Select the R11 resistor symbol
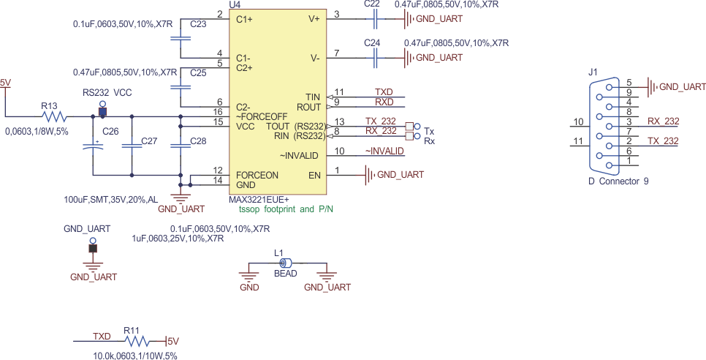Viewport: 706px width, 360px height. (137, 340)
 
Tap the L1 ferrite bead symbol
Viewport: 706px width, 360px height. (286, 263)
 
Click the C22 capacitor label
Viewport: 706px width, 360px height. (372, 4)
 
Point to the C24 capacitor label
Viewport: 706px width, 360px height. (372, 44)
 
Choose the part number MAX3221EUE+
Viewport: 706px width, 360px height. (259, 199)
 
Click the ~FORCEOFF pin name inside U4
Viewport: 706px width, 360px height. (262, 116)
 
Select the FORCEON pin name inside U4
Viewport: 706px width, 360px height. (257, 176)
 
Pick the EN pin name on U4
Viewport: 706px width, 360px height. (314, 176)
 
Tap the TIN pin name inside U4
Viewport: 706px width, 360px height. (313, 97)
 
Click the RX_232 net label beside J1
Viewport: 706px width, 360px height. (663, 121)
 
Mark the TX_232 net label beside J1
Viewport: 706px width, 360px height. (663, 141)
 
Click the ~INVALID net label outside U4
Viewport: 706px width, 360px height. (384, 151)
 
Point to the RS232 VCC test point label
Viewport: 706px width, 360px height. (107, 93)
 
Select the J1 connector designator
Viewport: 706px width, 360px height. (592, 72)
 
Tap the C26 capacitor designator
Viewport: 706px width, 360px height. (110, 131)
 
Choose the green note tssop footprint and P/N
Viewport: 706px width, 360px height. (287, 209)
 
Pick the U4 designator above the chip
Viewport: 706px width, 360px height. (235, 4)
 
